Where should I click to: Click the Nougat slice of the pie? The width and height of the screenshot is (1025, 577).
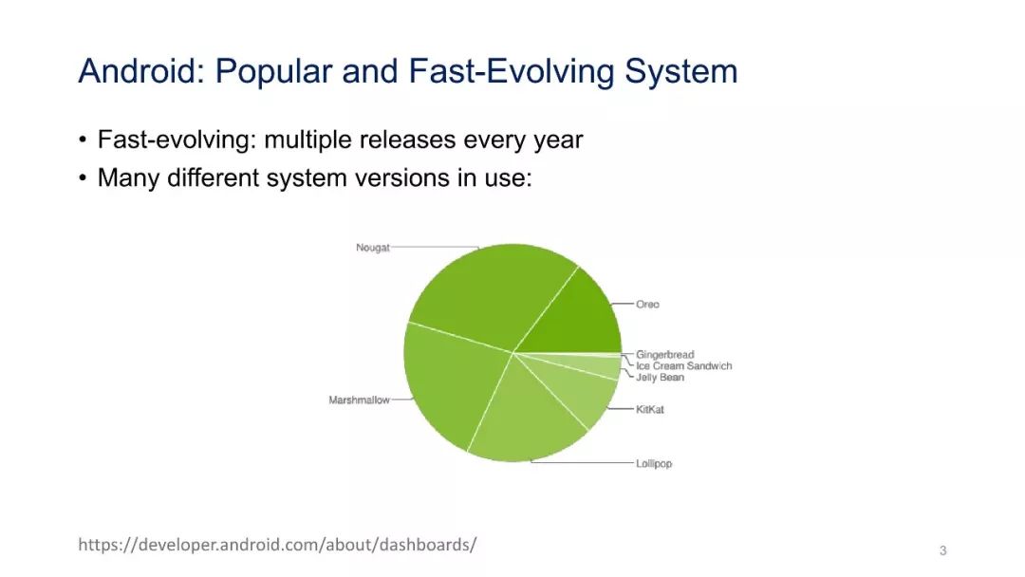coord(487,294)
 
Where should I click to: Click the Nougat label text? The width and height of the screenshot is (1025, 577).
coord(373,248)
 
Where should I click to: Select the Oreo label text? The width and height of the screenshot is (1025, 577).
coord(648,304)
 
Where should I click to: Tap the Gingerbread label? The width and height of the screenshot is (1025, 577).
coord(664,354)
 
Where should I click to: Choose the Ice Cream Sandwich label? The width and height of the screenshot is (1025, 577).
coord(683,366)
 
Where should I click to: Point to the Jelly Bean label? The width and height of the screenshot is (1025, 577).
coord(661,377)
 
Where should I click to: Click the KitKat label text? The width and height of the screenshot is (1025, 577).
coord(650,409)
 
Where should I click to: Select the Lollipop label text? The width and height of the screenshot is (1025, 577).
coord(654,463)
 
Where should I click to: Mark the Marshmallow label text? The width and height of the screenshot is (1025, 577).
coord(359,400)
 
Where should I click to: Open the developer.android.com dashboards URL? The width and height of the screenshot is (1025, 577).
coord(277,545)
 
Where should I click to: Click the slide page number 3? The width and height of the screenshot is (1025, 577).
coord(942,550)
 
